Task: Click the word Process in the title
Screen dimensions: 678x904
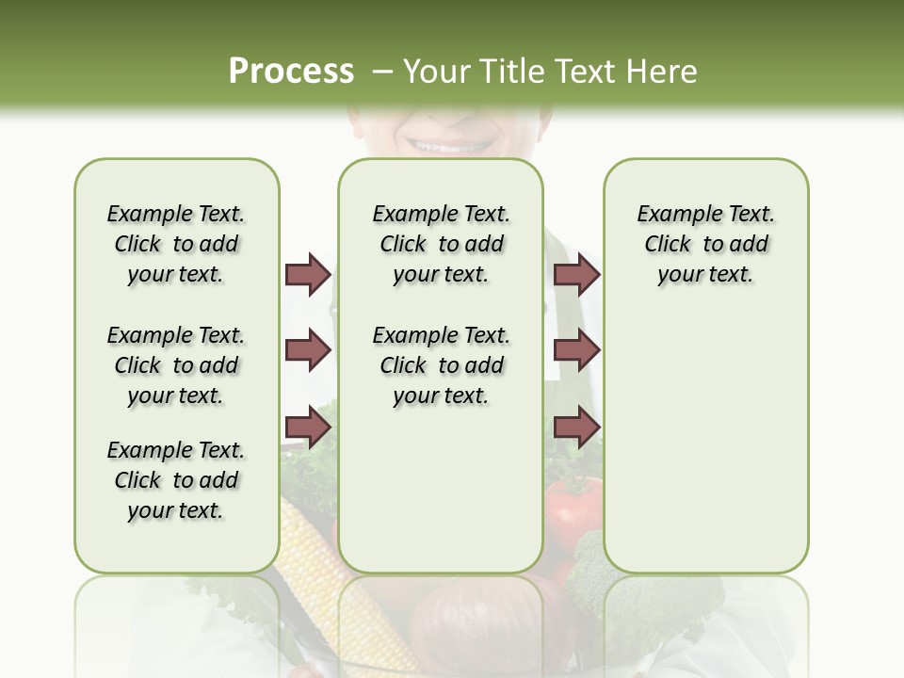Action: tap(291, 72)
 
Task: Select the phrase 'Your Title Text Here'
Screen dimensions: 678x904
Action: tap(550, 72)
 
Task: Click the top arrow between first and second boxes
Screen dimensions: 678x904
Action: tap(307, 274)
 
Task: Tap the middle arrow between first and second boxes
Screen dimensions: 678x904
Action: tap(307, 350)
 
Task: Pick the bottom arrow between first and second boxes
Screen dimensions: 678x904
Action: tap(307, 427)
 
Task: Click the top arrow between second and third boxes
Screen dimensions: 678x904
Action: tap(576, 274)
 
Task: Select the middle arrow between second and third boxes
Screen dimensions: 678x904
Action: tap(576, 350)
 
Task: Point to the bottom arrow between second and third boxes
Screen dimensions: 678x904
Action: tap(576, 427)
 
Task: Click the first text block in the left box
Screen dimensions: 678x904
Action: tap(176, 244)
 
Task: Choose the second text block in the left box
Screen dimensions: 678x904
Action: tap(176, 365)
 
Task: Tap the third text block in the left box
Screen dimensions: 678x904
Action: tap(176, 480)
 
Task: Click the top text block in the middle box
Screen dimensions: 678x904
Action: tap(441, 244)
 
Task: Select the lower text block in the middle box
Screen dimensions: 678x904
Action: tap(441, 365)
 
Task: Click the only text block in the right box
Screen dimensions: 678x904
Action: tap(705, 244)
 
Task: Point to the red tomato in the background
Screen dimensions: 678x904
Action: tap(573, 508)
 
